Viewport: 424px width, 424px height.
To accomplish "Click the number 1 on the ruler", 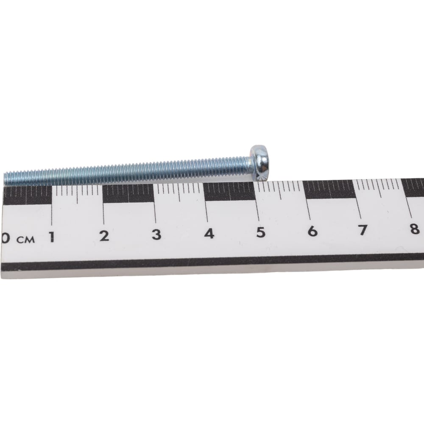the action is (52, 237).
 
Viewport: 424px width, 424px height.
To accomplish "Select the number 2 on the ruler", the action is (104, 236).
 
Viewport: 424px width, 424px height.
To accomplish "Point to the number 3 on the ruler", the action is (156, 234).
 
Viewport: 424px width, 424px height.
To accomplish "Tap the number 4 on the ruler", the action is (209, 233).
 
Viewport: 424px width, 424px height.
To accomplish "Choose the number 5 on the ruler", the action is (261, 232).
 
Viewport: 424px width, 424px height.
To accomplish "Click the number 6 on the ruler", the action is (312, 231).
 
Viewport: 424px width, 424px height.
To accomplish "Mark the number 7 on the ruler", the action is (363, 229).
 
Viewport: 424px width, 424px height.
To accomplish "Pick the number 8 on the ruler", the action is (414, 229).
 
